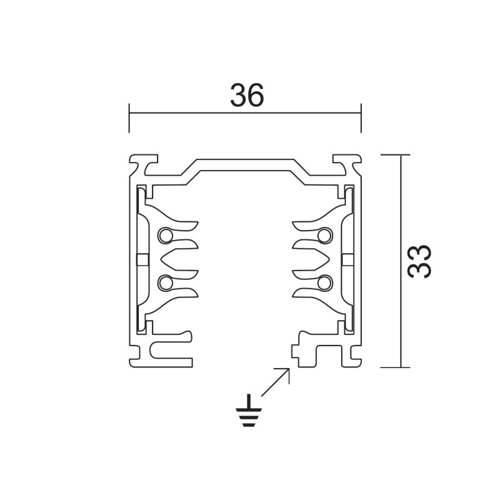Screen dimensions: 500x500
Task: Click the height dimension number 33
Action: coord(419,261)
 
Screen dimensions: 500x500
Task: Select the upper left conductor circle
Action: coord(165,236)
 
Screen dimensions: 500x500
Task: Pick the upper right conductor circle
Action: coord(324,236)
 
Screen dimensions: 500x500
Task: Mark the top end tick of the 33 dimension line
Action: coord(399,154)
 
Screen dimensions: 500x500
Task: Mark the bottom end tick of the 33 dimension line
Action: coord(399,367)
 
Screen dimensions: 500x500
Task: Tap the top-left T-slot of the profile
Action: coord(144,163)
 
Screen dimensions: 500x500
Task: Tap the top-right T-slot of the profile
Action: coord(345,163)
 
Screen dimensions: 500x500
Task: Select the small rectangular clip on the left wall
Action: coord(141,259)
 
